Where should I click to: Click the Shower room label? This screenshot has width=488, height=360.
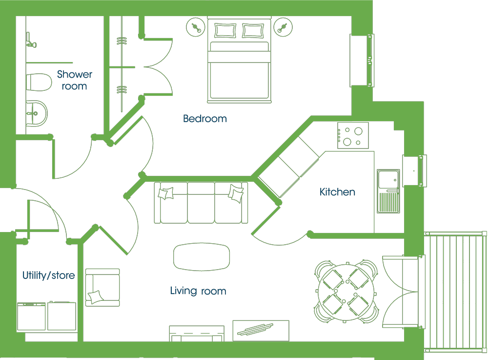pyautogui.click(x=75, y=80)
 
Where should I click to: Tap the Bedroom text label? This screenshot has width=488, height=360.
pyautogui.click(x=205, y=119)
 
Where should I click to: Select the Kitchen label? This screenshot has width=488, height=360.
pyautogui.click(x=337, y=192)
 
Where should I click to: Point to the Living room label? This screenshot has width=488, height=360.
pyautogui.click(x=198, y=291)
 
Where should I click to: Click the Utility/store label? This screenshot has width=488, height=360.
pyautogui.click(x=48, y=275)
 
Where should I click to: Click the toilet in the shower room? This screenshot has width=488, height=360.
pyautogui.click(x=39, y=82)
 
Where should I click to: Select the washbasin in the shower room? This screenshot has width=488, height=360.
pyautogui.click(x=37, y=113)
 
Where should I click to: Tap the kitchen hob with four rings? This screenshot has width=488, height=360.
pyautogui.click(x=353, y=135)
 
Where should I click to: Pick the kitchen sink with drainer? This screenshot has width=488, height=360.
pyautogui.click(x=388, y=191)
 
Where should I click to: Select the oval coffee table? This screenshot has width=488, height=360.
pyautogui.click(x=202, y=257)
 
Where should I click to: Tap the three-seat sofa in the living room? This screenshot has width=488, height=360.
pyautogui.click(x=201, y=203)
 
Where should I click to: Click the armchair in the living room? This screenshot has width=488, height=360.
pyautogui.click(x=102, y=287)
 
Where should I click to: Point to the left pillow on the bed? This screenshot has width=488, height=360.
pyautogui.click(x=225, y=31)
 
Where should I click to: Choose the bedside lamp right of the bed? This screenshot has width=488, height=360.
pyautogui.click(x=283, y=27)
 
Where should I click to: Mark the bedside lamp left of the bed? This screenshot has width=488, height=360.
pyautogui.click(x=196, y=27)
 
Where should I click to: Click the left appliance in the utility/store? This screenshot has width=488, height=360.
pyautogui.click(x=31, y=316)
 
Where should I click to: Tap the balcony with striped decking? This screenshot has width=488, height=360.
pyautogui.click(x=455, y=292)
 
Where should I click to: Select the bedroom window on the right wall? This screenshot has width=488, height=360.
pyautogui.click(x=362, y=61)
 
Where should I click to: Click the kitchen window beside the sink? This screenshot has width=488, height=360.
pyautogui.click(x=414, y=170)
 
